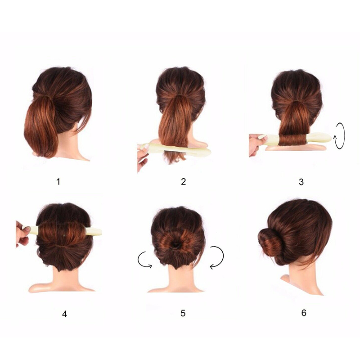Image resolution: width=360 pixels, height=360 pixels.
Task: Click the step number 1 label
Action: click(x=58, y=182)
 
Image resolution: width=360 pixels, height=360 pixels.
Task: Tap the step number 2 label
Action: click(x=183, y=181)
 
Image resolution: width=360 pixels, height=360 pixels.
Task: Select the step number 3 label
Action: click(x=301, y=182)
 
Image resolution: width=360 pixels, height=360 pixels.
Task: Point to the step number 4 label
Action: click(x=64, y=314)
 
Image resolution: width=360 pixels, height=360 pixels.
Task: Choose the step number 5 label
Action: click(x=183, y=313)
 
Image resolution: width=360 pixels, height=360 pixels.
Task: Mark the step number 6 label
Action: click(x=304, y=313)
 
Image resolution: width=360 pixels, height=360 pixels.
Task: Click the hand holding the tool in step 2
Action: click(x=142, y=157)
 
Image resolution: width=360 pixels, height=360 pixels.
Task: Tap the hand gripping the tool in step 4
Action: click(x=22, y=234)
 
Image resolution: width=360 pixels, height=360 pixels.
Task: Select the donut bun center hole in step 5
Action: click(x=175, y=244)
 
